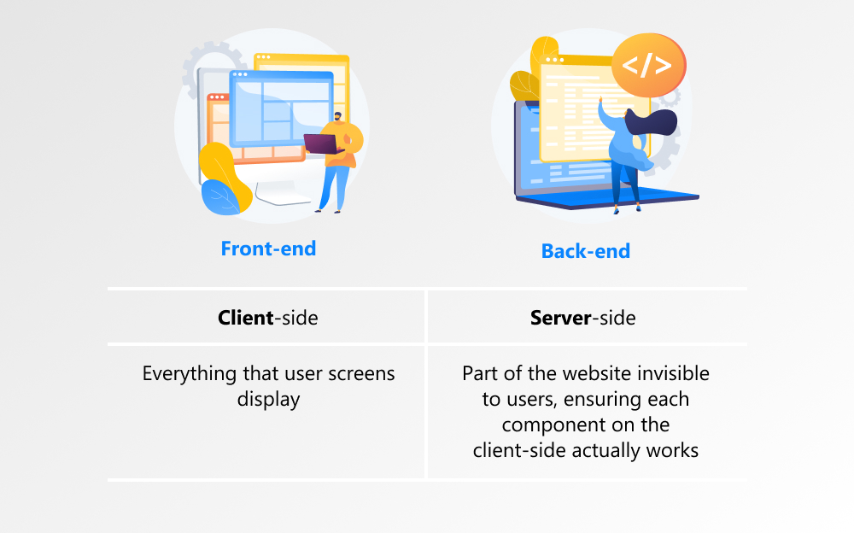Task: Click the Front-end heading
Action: (268, 249)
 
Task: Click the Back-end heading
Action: (585, 251)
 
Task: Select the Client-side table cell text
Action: (268, 319)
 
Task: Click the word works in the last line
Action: (674, 450)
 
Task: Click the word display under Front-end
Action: (268, 399)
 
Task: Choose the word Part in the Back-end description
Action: (480, 374)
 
